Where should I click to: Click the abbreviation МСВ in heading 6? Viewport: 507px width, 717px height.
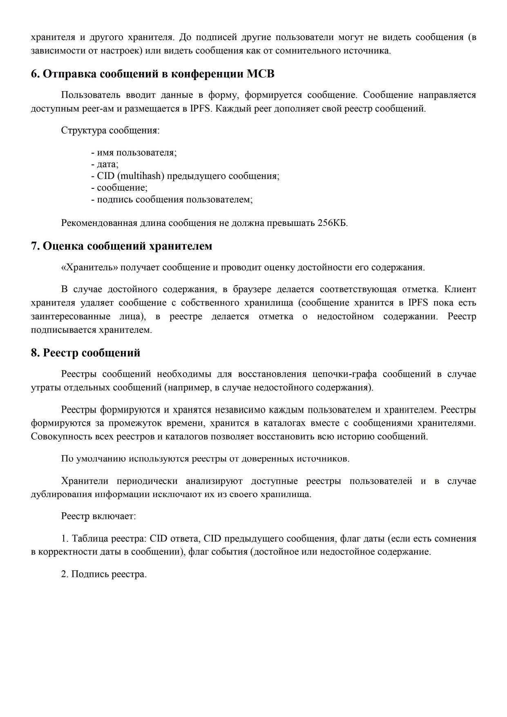pos(261,74)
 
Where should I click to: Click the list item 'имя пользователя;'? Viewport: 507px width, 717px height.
pos(134,152)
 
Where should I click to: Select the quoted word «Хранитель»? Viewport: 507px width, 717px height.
pos(89,268)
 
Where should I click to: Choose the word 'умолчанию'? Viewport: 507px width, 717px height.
pos(101,458)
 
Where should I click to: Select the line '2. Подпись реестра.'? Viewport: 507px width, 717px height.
pos(104,574)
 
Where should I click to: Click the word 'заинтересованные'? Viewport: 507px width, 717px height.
pos(71,317)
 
